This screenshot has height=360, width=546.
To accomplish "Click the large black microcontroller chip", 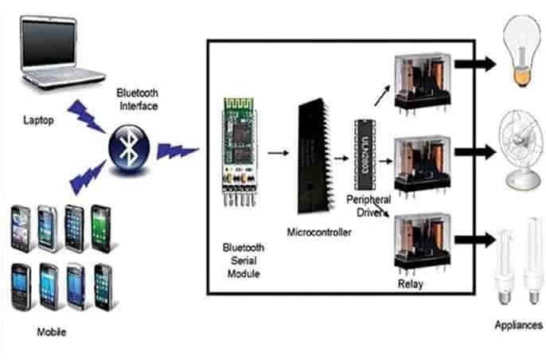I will (315, 158).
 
